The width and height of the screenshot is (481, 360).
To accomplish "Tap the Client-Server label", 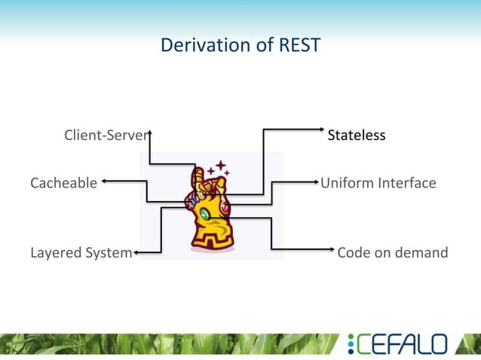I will [x=106, y=136].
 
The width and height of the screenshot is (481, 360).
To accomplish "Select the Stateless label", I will [x=356, y=136].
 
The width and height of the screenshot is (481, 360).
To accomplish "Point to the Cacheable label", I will [x=63, y=182].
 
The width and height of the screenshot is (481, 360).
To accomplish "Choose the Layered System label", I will [x=81, y=252].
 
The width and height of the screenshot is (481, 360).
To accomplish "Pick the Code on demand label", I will [x=392, y=252].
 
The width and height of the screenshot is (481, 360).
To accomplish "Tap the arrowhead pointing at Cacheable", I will [x=104, y=181].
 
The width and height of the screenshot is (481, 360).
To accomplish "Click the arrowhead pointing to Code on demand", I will [x=332, y=249].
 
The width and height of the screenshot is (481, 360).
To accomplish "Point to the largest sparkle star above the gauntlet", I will [x=221, y=166].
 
